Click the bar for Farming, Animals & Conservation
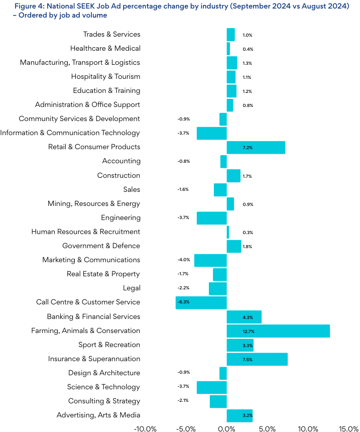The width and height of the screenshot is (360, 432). pyautogui.click(x=278, y=331)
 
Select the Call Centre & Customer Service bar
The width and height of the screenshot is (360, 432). pyautogui.click(x=201, y=302)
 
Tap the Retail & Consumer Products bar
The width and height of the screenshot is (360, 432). pyautogui.click(x=256, y=147)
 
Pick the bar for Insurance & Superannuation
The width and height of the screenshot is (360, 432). pyautogui.click(x=257, y=359)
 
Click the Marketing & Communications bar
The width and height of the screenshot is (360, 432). pyautogui.click(x=210, y=260)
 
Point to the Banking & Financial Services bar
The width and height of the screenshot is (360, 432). pyautogui.click(x=244, y=317)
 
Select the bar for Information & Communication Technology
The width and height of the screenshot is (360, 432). pyautogui.click(x=211, y=133)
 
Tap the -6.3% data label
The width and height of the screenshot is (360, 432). pyautogui.click(x=184, y=302)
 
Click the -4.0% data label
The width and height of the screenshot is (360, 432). pyautogui.click(x=184, y=260)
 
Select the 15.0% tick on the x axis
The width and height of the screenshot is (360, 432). pyautogui.click(x=348, y=428)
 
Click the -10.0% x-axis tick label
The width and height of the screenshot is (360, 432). pyautogui.click(x=145, y=428)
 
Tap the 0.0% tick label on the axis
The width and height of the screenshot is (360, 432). pyautogui.click(x=227, y=428)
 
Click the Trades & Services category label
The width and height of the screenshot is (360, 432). pyautogui.click(x=111, y=34)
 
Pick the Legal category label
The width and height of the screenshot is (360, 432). pyautogui.click(x=132, y=288)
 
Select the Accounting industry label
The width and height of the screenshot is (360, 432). pyautogui.click(x=121, y=161)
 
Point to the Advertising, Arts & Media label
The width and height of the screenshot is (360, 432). pyautogui.click(x=98, y=415)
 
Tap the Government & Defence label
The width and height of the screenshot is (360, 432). pyautogui.click(x=101, y=246)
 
